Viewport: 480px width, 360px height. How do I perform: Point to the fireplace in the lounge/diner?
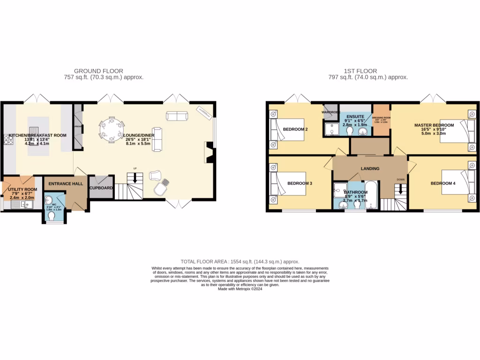(209, 152)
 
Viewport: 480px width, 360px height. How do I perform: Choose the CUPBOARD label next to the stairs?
(101, 188)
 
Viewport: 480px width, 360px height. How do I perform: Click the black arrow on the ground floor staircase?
(135, 178)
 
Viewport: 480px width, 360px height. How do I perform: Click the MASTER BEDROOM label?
(434, 125)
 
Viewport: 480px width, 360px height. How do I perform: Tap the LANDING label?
(370, 169)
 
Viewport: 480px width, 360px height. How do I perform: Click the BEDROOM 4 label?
(443, 183)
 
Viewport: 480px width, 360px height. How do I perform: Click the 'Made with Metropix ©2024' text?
(240, 289)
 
